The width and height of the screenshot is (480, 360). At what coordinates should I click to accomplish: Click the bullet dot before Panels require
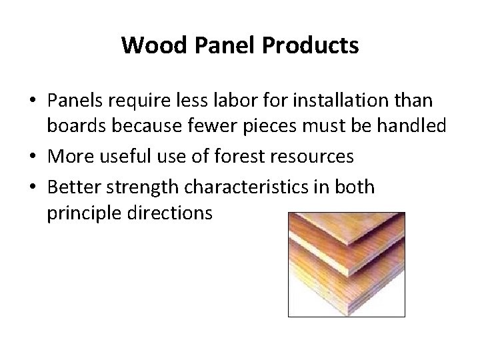tap(33, 102)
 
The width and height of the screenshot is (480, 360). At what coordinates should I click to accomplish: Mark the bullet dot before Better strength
tap(33, 187)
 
